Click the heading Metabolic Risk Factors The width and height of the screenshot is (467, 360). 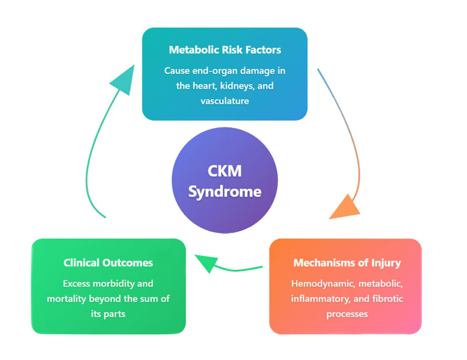click(x=224, y=50)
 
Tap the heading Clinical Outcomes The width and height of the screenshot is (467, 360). click(x=108, y=263)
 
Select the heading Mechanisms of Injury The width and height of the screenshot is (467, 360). click(x=347, y=263)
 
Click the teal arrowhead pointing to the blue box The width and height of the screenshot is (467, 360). click(x=123, y=80)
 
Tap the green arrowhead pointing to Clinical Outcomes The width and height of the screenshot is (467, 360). click(x=206, y=263)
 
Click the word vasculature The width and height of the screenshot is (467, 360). click(x=224, y=101)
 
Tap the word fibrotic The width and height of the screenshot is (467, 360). click(x=387, y=299)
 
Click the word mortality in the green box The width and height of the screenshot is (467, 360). click(x=67, y=299)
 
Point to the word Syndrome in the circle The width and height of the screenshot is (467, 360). click(x=224, y=191)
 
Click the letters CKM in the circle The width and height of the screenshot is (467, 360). click(x=224, y=172)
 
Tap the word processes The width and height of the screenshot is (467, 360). click(x=347, y=314)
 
